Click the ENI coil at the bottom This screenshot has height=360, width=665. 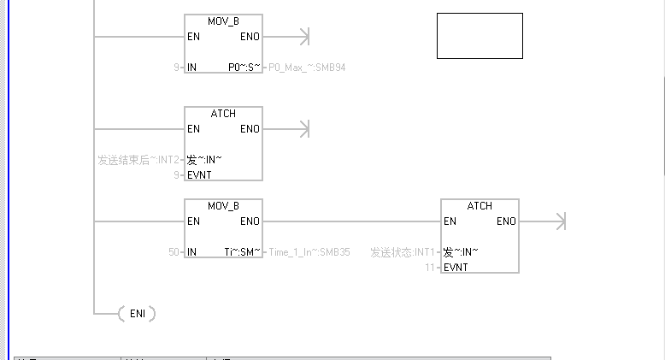137,314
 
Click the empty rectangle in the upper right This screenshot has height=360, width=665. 480,36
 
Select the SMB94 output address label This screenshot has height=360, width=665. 307,67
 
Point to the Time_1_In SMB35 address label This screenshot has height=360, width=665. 309,252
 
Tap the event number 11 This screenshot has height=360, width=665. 431,268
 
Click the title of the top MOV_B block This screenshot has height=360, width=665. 223,21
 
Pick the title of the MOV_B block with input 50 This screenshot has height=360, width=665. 223,206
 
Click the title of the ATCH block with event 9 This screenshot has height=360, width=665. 223,114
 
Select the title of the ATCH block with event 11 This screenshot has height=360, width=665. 480,206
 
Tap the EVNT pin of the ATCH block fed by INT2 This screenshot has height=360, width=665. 199,174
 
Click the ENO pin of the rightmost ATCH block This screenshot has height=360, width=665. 506,221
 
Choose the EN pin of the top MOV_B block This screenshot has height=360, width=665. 193,37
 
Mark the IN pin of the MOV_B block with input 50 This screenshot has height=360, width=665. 192,252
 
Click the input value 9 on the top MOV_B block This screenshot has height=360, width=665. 176,67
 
